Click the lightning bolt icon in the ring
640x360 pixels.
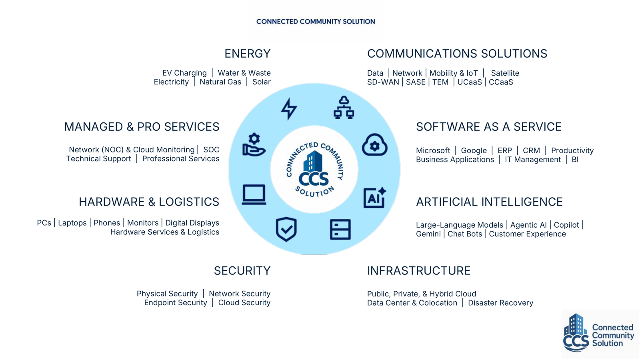click(289, 109)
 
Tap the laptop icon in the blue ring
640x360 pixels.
click(254, 195)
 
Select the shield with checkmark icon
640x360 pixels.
click(286, 230)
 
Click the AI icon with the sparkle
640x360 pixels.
click(375, 198)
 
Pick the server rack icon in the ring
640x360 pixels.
click(340, 230)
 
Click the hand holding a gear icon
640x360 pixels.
click(254, 144)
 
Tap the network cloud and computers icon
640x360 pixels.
click(344, 108)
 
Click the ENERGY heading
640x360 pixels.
click(248, 54)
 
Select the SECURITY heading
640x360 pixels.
click(242, 271)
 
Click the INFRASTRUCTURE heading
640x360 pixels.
click(419, 271)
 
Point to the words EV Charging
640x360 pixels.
click(184, 73)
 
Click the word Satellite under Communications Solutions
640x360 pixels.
click(505, 73)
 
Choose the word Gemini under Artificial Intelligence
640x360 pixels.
click(428, 234)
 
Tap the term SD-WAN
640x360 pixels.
click(383, 82)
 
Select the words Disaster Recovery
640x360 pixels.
click(500, 303)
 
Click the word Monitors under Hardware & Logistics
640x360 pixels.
click(143, 223)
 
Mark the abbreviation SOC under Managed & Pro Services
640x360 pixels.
click(212, 150)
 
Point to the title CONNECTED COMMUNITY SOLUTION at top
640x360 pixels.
click(316, 22)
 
